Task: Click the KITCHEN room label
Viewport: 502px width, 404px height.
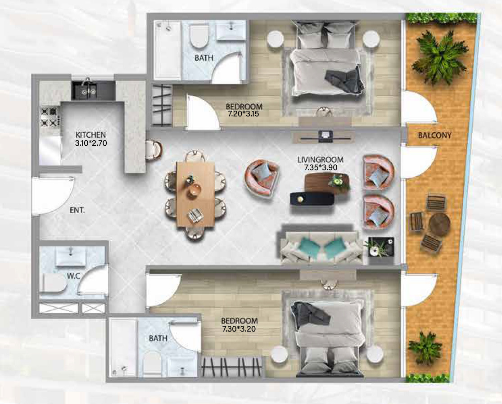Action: pos(90,135)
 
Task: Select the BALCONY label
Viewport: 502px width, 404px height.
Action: pos(435,135)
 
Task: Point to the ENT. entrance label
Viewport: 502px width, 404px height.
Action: pos(77,211)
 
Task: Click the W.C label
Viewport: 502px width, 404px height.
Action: pos(73,276)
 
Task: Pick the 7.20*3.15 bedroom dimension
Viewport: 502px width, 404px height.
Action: pos(244,114)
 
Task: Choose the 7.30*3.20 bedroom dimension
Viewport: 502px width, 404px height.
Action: pos(239,328)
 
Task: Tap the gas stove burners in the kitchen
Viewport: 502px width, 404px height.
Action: pos(49,117)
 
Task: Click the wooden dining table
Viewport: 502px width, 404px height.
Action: pos(195,194)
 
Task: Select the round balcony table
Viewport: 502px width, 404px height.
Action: pos(440,224)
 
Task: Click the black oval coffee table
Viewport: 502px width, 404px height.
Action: pos(312,199)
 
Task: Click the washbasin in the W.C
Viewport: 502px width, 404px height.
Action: pos(71,256)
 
